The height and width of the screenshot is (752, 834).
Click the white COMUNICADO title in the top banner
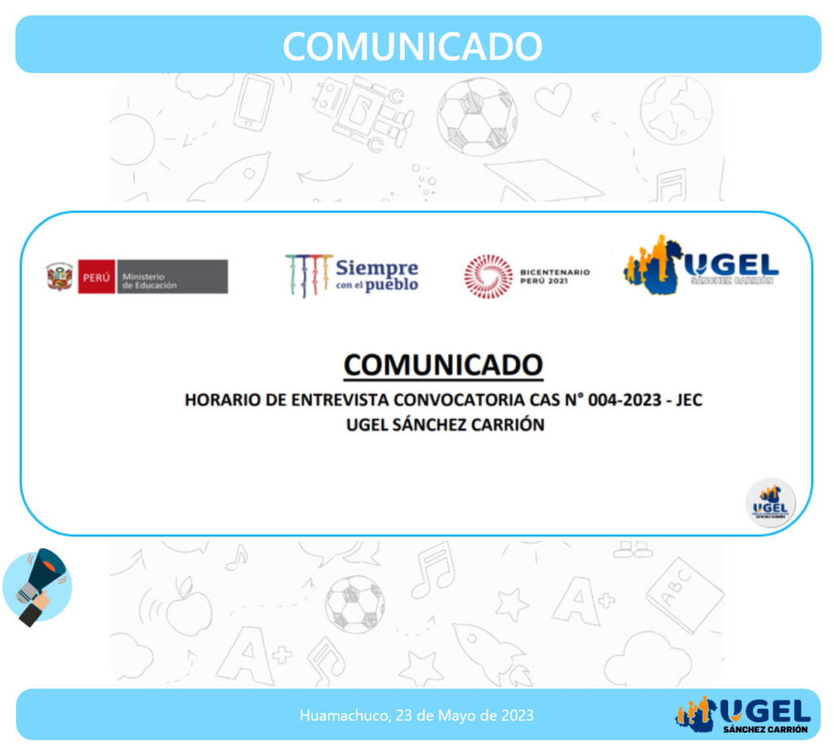click(412, 46)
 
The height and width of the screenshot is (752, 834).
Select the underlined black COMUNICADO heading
click(443, 365)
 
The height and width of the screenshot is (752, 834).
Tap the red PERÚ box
click(96, 277)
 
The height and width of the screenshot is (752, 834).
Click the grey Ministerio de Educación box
click(173, 277)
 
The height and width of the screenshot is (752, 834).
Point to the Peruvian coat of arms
click(59, 277)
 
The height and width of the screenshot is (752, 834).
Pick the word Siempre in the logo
click(377, 267)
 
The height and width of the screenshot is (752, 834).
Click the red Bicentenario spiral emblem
click(489, 276)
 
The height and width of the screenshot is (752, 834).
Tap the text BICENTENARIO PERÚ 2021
click(555, 277)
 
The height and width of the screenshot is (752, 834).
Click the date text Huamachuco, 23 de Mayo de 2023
click(416, 715)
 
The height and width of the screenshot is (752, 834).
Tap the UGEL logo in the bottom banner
click(743, 715)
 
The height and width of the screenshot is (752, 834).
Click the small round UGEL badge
click(770, 503)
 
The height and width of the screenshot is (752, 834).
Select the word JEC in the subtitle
click(689, 400)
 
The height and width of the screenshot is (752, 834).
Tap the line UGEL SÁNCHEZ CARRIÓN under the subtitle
click(446, 425)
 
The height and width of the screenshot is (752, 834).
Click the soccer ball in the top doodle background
click(477, 118)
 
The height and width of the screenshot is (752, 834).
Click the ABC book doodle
click(685, 595)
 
